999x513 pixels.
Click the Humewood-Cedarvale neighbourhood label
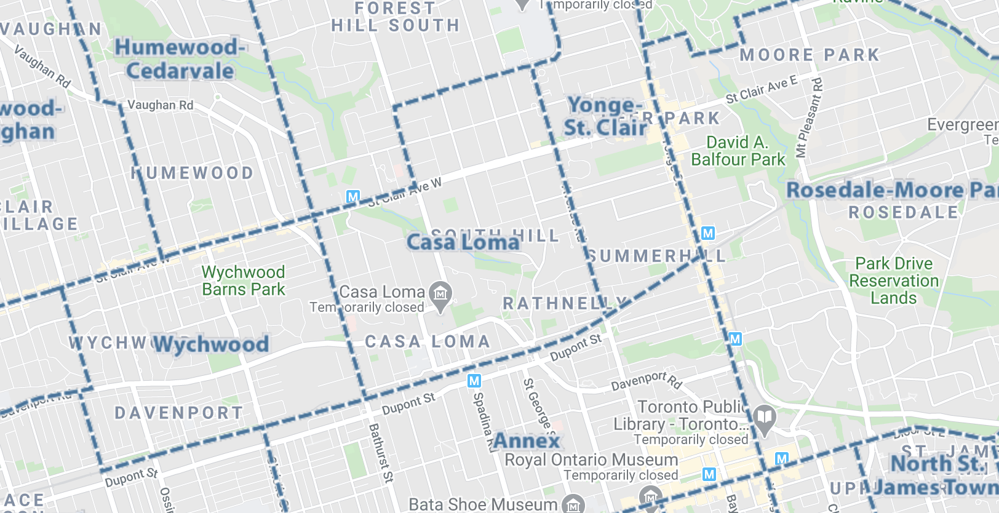180,59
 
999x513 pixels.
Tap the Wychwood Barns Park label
244,281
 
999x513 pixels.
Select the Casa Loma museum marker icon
440,294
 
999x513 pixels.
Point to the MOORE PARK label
810,55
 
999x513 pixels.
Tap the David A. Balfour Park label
738,151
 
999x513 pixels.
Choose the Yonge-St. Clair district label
605,116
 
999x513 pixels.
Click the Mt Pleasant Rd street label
808,117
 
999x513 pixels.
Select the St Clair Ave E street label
761,90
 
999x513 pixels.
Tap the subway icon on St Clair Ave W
353,197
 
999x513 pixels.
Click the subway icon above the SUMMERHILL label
708,233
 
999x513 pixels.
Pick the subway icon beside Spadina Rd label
474,381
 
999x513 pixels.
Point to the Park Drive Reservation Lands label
894,281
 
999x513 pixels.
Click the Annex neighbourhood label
527,440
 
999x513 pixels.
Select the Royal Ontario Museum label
591,459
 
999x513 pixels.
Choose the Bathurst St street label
380,452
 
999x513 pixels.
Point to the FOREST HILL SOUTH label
396,17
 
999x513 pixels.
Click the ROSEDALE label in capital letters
903,213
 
